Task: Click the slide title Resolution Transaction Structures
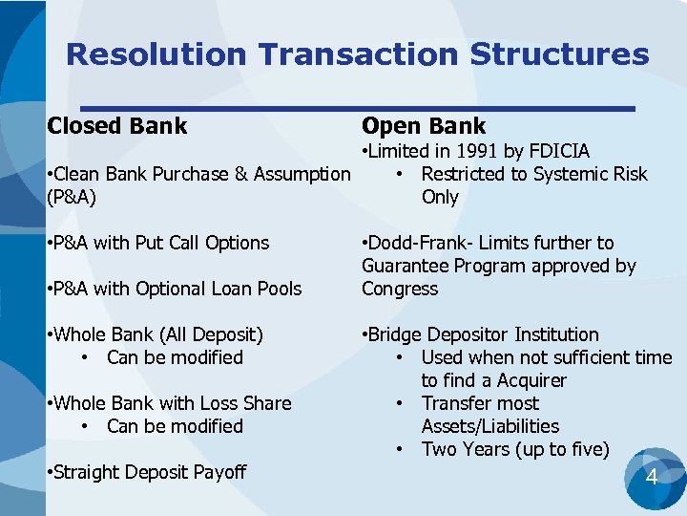coord(357,54)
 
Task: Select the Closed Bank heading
coord(116,126)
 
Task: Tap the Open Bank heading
coord(423,126)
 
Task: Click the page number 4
coord(652,475)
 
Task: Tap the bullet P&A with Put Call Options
coord(157,243)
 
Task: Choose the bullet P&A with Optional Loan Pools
coord(174,289)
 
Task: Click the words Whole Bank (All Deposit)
coord(159,334)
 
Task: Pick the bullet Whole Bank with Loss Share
coord(168,403)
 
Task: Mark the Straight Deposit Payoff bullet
coord(146,472)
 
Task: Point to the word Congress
coord(400,289)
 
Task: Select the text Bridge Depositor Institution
coord(480,334)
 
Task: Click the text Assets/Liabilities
coord(490,426)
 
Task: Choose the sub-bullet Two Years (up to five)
coord(515,449)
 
